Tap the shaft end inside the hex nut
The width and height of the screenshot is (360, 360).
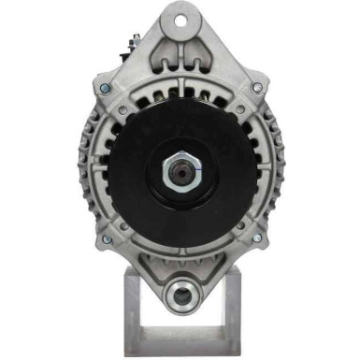[x=180, y=171]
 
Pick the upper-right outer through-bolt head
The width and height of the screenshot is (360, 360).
[x=257, y=87]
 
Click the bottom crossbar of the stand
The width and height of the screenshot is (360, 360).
[x=180, y=348]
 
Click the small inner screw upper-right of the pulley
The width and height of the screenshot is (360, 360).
[x=238, y=110]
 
